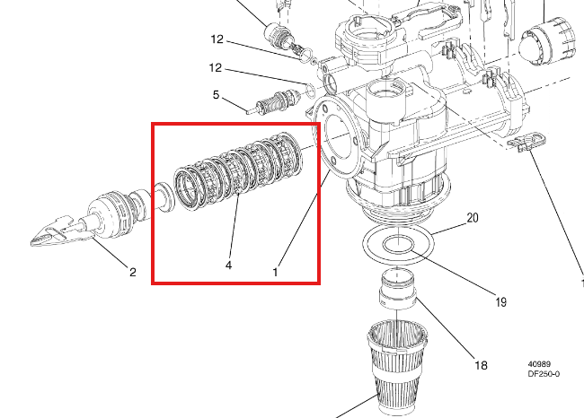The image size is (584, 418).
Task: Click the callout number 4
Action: click(x=229, y=266)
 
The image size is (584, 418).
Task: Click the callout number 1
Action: click(x=275, y=272)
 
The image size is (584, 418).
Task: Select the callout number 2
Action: click(x=133, y=272)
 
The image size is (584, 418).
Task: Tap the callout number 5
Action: click(x=216, y=95)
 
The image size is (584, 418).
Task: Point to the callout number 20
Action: click(x=473, y=218)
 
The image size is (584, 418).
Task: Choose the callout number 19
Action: click(x=501, y=302)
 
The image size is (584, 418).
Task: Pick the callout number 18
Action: click(x=481, y=365)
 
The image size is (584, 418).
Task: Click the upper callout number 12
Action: click(x=217, y=39)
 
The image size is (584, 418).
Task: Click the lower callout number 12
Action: click(x=216, y=67)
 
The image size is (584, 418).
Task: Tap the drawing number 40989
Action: click(x=539, y=364)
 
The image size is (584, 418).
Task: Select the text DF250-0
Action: click(x=544, y=374)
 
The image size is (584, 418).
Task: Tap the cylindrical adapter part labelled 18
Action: click(x=397, y=289)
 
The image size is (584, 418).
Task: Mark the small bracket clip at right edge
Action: click(x=528, y=142)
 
